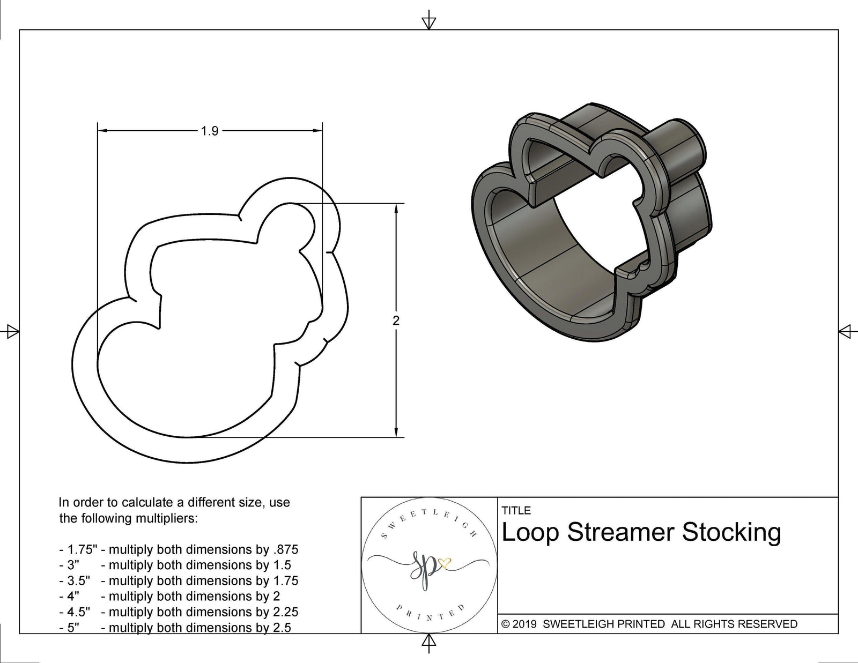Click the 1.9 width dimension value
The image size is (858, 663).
click(210, 131)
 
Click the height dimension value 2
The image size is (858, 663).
click(396, 321)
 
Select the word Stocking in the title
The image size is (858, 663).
click(731, 532)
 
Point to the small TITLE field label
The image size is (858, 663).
click(516, 510)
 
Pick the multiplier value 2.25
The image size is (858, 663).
click(285, 612)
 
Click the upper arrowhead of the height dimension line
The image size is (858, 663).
click(396, 208)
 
